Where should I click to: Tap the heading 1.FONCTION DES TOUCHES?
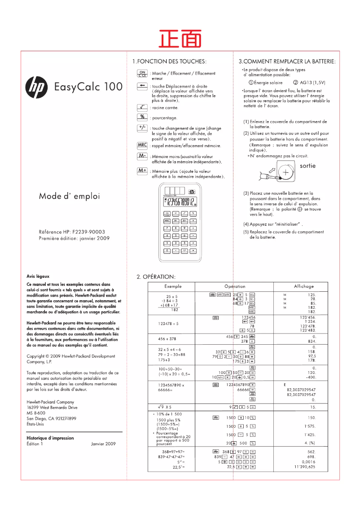click(169, 61)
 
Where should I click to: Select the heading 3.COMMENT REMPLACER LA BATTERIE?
click(287, 61)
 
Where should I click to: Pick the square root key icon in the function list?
click(142, 107)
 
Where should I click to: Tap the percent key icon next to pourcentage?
click(142, 117)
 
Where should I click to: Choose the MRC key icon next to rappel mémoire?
click(142, 145)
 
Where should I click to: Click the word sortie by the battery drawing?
click(307, 166)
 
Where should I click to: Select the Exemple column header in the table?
click(173, 286)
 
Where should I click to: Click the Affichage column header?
click(303, 286)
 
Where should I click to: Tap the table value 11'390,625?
click(304, 467)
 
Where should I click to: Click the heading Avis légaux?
click(38, 276)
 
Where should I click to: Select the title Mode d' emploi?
click(69, 196)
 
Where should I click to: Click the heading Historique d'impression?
click(50, 438)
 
